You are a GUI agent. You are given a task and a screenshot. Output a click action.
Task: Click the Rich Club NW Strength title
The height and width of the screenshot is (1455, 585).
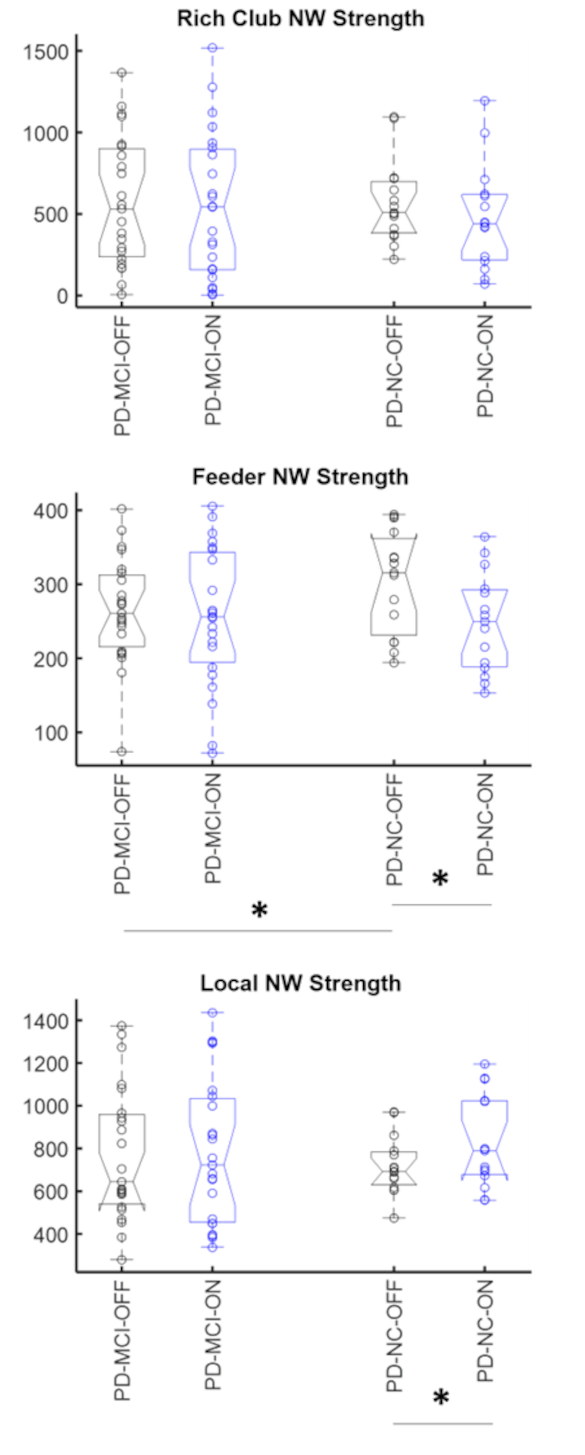click(x=300, y=19)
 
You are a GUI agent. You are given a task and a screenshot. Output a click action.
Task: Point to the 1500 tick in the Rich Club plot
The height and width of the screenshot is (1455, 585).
click(x=45, y=52)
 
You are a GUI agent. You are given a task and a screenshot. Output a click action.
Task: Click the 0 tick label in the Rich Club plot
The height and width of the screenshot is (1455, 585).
click(x=62, y=296)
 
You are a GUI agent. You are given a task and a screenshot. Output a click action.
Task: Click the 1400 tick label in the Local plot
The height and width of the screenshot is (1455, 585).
click(x=45, y=1021)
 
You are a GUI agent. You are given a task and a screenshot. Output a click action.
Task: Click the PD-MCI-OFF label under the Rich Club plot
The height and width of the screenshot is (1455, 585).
click(x=122, y=376)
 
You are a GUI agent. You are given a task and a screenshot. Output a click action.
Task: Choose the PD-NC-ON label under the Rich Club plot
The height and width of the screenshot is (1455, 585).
click(x=485, y=366)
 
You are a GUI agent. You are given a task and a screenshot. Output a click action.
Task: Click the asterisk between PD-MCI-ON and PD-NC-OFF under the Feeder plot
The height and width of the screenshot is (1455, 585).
click(x=259, y=911)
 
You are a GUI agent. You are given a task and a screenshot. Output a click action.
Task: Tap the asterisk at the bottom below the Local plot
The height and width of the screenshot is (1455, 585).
click(x=441, y=1398)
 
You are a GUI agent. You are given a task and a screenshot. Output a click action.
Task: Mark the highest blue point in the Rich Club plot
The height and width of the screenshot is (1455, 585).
click(x=213, y=48)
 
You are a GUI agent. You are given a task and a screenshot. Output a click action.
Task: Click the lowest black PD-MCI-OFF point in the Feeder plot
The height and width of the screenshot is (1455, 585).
click(x=122, y=751)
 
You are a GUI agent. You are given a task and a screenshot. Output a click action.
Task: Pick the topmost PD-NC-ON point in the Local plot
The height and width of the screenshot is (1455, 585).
click(x=485, y=1064)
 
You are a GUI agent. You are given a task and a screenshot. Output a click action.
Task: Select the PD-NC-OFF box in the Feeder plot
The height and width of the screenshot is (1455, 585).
click(x=394, y=585)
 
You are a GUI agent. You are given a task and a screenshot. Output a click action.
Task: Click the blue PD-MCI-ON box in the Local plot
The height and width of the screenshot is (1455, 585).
click(x=213, y=1161)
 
